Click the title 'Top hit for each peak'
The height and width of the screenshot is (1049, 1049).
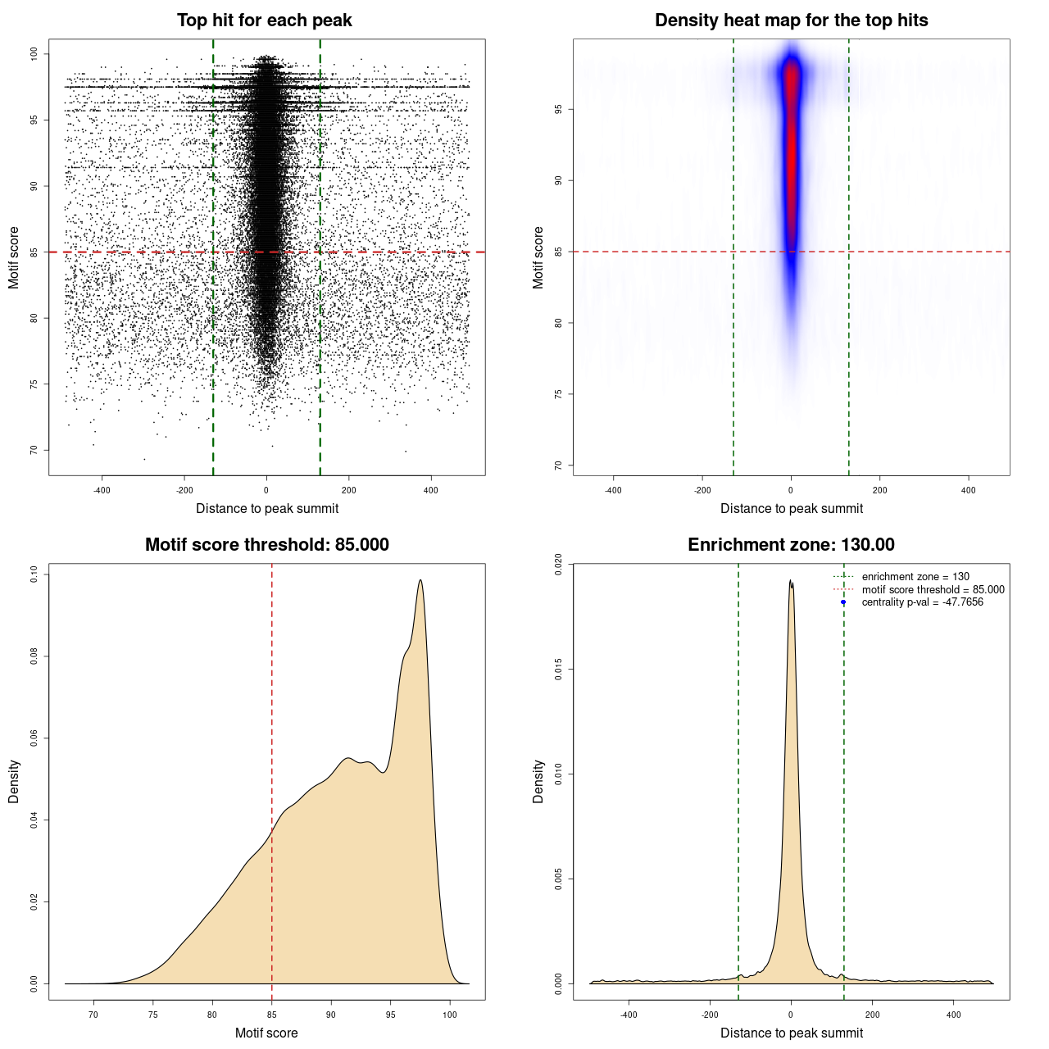click(x=264, y=20)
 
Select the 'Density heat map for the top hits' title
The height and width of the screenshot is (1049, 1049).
click(x=791, y=20)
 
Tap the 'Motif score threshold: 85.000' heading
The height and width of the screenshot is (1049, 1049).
click(x=266, y=545)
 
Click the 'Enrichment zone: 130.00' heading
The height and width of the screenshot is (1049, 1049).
click(x=791, y=545)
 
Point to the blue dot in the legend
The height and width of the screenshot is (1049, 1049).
click(x=843, y=602)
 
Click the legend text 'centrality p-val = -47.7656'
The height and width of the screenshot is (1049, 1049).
click(x=922, y=602)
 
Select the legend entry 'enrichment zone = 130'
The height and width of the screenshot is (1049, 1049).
click(x=915, y=577)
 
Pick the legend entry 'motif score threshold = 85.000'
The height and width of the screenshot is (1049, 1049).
click(x=933, y=589)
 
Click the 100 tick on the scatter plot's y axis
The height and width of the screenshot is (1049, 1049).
click(x=34, y=54)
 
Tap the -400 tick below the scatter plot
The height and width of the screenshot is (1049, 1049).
click(x=102, y=490)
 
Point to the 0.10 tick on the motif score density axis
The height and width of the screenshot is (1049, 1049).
click(x=34, y=574)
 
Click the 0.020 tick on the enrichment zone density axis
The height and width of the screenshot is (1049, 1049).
click(x=559, y=565)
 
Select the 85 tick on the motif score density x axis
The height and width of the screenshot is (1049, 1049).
click(x=272, y=1015)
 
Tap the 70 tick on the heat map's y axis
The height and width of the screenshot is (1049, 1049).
click(x=559, y=465)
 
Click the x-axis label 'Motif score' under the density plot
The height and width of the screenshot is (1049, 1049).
click(x=266, y=1033)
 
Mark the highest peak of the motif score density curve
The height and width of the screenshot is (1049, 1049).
click(x=420, y=580)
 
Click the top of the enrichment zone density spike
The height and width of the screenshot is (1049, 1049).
click(x=790, y=580)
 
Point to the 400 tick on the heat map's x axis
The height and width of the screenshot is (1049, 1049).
click(x=968, y=490)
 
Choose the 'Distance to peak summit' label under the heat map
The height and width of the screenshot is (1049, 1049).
click(x=791, y=508)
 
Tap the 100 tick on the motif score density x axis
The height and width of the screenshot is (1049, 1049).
click(x=450, y=1015)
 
